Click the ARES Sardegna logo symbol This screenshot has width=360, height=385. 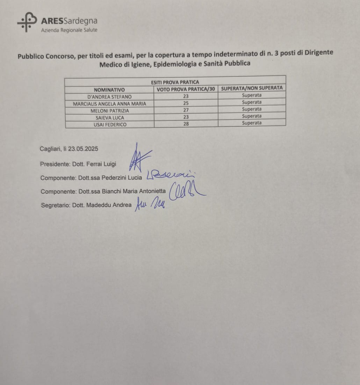pyautogui.click(x=27, y=22)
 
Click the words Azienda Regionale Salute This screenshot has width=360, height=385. pyautogui.click(x=69, y=30)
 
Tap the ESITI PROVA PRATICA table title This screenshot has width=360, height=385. pyautogui.click(x=175, y=82)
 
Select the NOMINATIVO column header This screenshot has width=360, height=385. pyautogui.click(x=109, y=90)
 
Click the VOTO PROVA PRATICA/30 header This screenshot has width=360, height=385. pyautogui.click(x=186, y=89)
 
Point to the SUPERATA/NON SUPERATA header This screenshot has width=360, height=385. pyautogui.click(x=252, y=88)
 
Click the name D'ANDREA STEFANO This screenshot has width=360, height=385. pyautogui.click(x=109, y=97)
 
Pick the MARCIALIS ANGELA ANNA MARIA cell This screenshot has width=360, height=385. pyautogui.click(x=109, y=104)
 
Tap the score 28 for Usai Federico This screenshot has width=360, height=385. pyautogui.click(x=186, y=124)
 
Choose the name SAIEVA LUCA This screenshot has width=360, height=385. pyautogui.click(x=110, y=118)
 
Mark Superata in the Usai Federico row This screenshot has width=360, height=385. pyautogui.click(x=252, y=123)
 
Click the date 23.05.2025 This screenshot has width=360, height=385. pyautogui.click(x=83, y=149)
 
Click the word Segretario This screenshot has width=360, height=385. pyautogui.click(x=55, y=205)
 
